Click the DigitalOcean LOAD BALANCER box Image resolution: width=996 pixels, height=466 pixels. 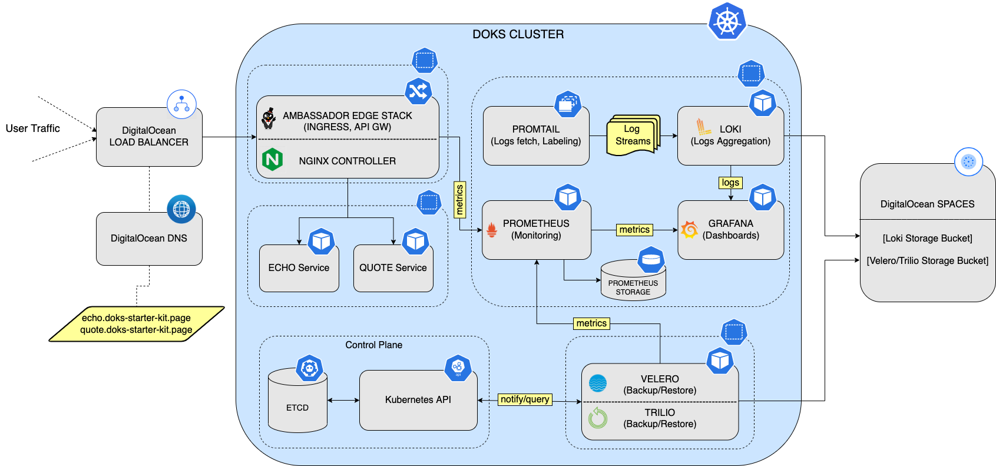point(149,137)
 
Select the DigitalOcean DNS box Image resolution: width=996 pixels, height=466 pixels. point(149,239)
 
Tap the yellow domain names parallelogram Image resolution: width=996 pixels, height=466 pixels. point(136,324)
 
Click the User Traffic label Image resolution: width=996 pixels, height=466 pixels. point(32,128)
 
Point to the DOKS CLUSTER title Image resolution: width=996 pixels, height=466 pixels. point(518,34)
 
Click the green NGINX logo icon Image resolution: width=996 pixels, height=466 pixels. point(272,160)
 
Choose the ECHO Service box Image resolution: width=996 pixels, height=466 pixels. point(299,269)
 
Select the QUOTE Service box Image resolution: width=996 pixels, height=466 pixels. point(393,269)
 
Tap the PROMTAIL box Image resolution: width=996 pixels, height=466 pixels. point(535,135)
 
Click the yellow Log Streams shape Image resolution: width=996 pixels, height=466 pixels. point(633,135)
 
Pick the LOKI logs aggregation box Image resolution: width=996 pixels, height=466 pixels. point(730,135)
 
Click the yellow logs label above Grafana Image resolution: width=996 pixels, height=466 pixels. point(730,183)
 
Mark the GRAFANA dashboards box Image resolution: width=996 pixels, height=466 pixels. point(730,230)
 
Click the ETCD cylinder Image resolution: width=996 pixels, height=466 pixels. point(297,404)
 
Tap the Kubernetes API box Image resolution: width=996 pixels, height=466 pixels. point(418,400)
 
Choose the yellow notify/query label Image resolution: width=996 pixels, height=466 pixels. point(525,399)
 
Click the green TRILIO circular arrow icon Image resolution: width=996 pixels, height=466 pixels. point(598,418)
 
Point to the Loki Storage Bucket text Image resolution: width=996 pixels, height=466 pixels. point(927,238)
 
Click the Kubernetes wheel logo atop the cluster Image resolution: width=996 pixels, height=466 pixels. point(727,22)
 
